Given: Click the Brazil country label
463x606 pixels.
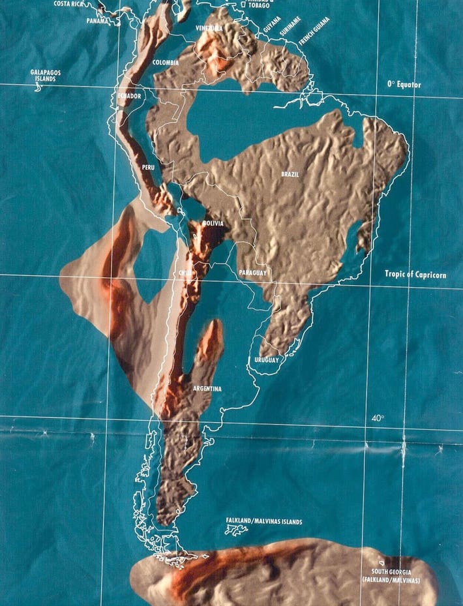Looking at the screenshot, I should click(290, 175).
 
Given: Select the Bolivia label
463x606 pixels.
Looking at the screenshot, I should click(213, 223).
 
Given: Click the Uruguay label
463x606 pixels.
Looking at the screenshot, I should click(266, 360).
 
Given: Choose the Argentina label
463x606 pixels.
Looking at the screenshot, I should click(207, 389).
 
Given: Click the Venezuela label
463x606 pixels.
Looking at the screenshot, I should click(209, 29).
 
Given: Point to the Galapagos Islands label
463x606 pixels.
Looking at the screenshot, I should click(43, 75).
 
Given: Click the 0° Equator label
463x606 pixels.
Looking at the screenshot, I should click(404, 85).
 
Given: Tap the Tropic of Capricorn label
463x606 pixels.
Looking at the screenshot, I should click(415, 275).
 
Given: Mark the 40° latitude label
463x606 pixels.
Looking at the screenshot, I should click(378, 418).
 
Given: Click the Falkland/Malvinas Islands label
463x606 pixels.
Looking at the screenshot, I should click(264, 521).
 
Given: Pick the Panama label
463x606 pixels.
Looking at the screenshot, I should click(97, 21).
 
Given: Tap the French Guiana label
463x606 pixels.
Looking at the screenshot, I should click(314, 31).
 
